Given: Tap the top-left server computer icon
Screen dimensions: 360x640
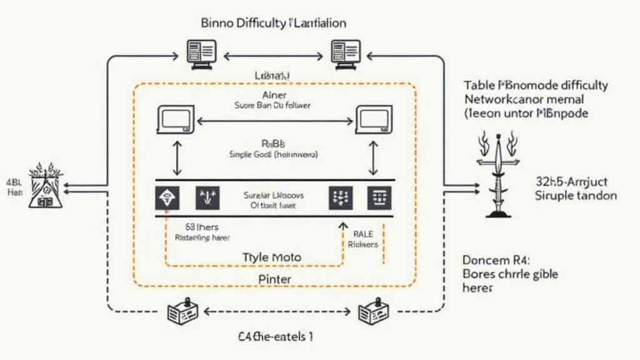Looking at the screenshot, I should (202, 54).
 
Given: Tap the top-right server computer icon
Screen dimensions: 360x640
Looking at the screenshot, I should (346, 54).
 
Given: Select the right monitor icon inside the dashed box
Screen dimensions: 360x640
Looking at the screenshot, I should (374, 119).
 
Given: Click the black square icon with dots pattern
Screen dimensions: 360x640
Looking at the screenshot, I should (340, 197).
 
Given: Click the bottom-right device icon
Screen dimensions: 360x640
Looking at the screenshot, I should (369, 312).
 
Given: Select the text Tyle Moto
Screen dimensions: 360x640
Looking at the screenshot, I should (271, 257).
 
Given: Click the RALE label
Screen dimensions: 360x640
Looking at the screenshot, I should (363, 233).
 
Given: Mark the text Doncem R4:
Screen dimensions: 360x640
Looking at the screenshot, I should (491, 259).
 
